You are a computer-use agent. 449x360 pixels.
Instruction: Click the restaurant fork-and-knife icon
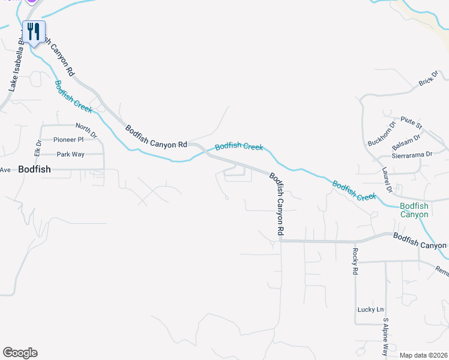coord(34,31)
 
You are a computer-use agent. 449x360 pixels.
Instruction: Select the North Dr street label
coord(86,127)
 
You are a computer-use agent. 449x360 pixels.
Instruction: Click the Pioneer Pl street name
coord(68,139)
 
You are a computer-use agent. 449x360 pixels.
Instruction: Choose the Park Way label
coord(70,154)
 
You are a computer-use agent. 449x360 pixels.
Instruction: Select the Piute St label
coord(412,122)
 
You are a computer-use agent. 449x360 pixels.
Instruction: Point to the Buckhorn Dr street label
coord(382,134)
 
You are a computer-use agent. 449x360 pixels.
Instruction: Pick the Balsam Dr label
coord(406,143)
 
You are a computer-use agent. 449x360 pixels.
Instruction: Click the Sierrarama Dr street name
coord(411,155)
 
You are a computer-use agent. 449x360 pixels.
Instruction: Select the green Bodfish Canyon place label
coord(415,210)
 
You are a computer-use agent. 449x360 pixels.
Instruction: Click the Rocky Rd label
coord(355,262)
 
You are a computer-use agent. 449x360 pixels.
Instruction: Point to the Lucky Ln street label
coord(370,310)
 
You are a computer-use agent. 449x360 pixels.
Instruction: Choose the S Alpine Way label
coord(385,337)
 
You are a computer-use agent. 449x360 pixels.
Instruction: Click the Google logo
coord(20,353)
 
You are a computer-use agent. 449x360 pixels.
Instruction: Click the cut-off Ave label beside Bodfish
coord(5,170)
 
